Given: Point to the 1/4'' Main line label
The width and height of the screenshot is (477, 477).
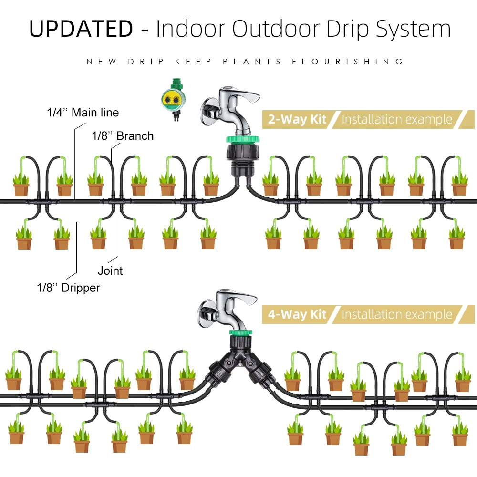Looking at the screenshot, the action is coord(83,113).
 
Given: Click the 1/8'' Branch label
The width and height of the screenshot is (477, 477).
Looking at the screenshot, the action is coord(123,136).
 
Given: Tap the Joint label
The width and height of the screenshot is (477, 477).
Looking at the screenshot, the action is coord(110,271).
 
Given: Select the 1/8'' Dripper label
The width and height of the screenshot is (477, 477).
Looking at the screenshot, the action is coord(68,288).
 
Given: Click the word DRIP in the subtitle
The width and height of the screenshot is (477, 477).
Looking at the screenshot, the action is coord(145,62).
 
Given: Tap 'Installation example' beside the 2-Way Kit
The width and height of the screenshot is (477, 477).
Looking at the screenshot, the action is coord(397,119).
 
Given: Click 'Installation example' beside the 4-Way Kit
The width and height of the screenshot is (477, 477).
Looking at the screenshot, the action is coord(397,314).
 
